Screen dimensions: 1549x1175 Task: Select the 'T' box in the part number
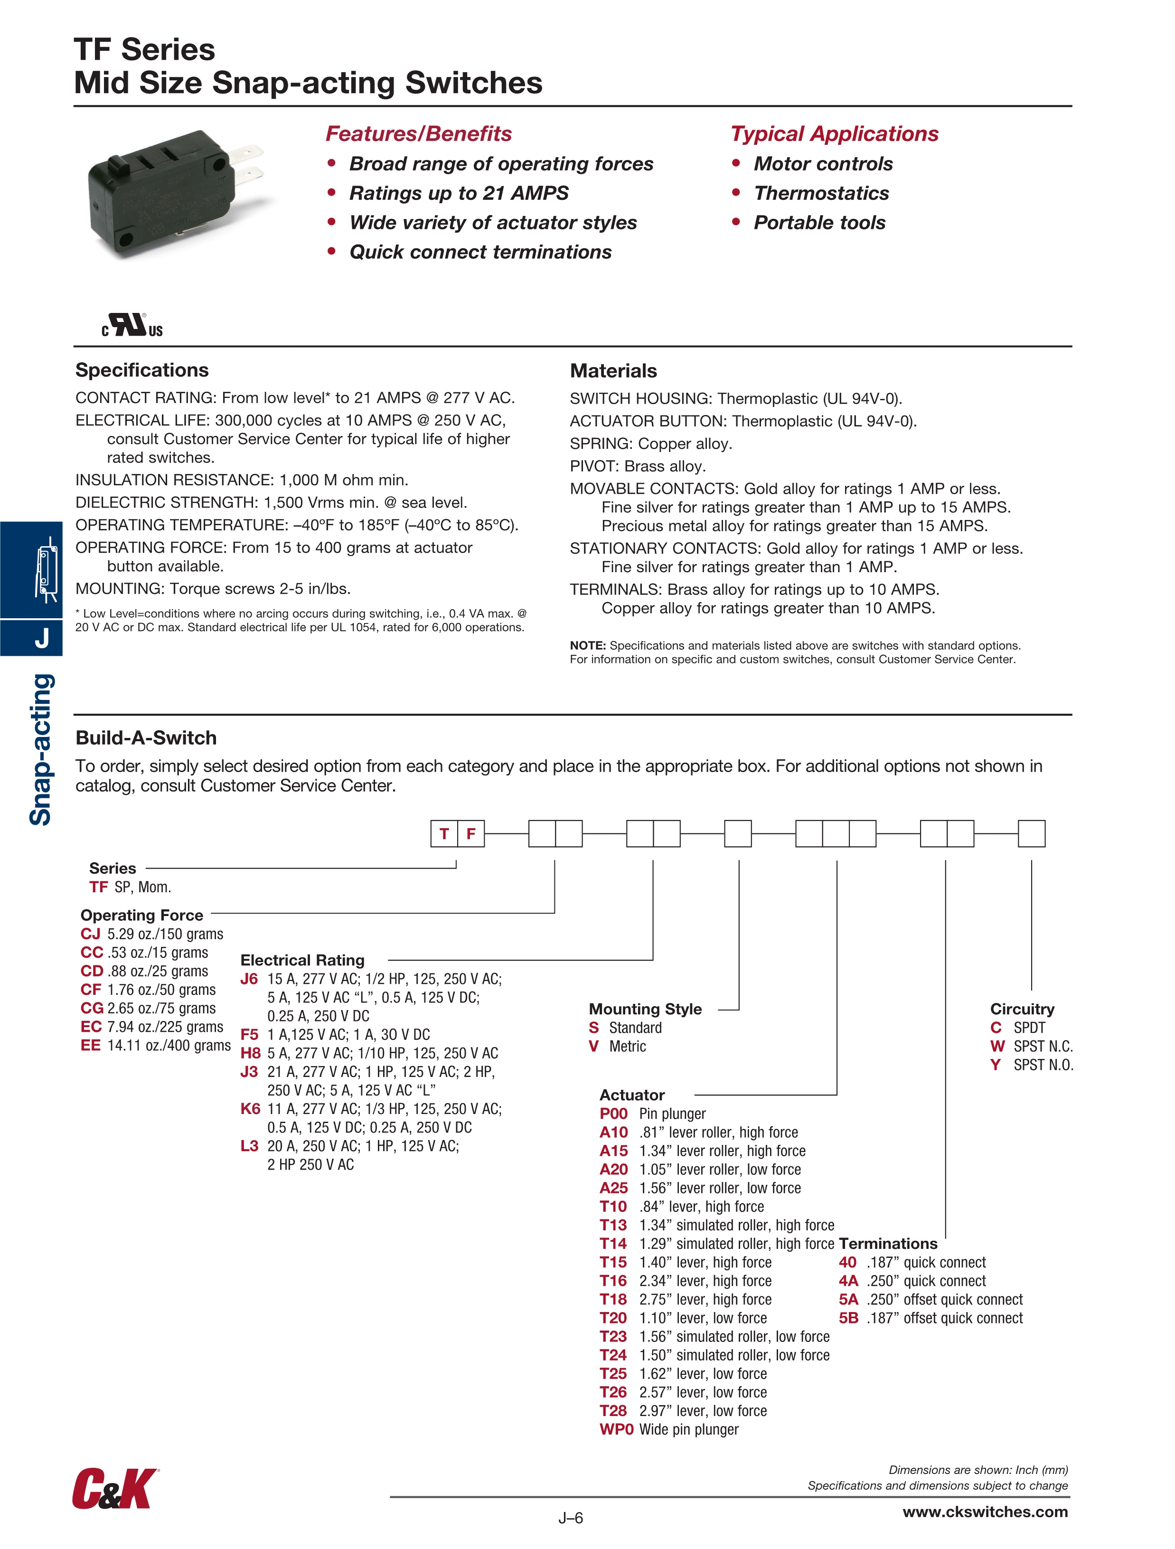pos(444,833)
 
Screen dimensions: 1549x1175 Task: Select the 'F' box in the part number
pos(470,833)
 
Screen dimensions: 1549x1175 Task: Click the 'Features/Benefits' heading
pos(418,134)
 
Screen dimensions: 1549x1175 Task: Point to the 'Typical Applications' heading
pos(834,134)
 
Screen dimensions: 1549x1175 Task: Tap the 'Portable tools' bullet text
pos(819,223)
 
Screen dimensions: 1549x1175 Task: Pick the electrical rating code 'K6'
pos(250,1108)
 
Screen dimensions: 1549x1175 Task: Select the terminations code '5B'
pos(848,1318)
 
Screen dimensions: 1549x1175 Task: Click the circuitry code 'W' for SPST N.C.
pos(997,1046)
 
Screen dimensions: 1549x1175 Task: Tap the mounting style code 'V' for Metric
pos(594,1046)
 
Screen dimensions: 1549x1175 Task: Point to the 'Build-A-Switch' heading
pos(146,737)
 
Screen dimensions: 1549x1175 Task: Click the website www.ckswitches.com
pos(985,1512)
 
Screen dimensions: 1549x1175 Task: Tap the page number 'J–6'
pos(570,1518)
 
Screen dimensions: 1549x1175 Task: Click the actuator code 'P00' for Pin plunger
pos(613,1114)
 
